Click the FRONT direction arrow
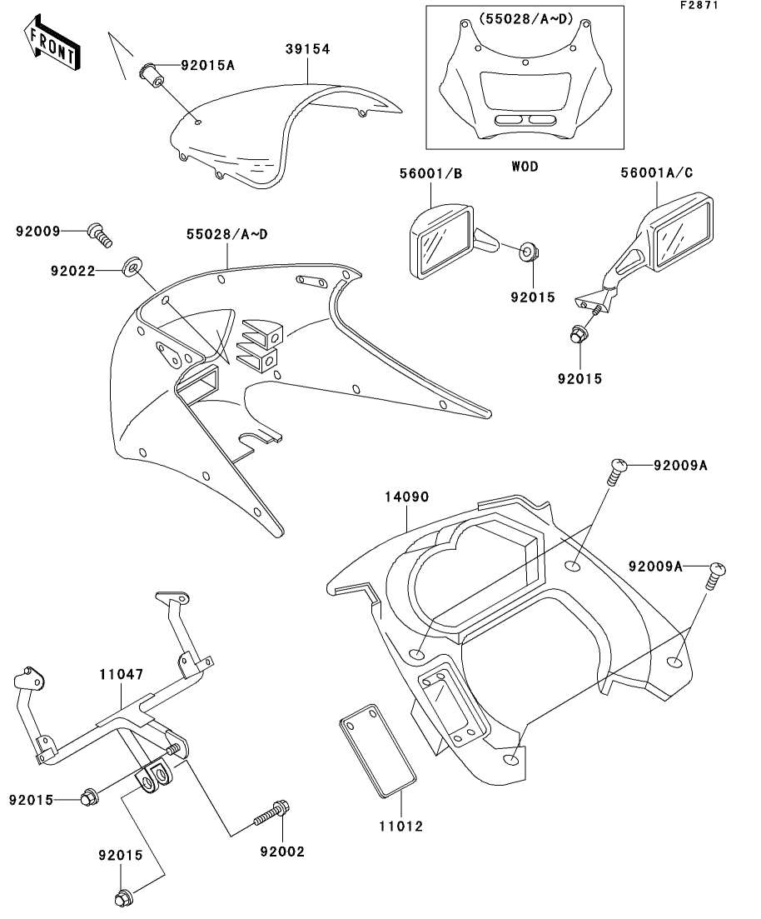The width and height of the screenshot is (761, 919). [x=52, y=42]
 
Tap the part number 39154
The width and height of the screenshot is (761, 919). [x=307, y=49]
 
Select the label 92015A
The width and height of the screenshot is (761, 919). [x=207, y=65]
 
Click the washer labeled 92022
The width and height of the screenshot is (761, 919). [x=132, y=266]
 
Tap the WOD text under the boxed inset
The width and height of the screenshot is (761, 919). [x=525, y=167]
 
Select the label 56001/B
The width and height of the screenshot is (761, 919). [x=430, y=173]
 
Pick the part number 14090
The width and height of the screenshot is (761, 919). [x=406, y=497]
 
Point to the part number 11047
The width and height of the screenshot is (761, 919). [x=121, y=675]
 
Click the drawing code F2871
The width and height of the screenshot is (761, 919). [x=699, y=5]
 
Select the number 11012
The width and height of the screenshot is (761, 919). [x=400, y=827]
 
